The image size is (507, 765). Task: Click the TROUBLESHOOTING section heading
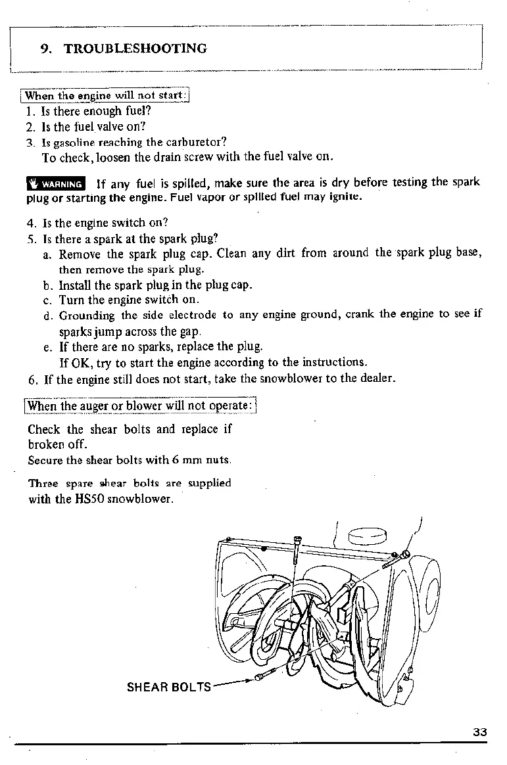pos(135,49)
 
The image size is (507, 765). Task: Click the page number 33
pos(479,733)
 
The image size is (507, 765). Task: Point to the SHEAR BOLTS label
pos(168,687)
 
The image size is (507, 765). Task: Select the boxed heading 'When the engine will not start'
pos(106,96)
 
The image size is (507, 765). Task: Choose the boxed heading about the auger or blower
pos(140,406)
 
